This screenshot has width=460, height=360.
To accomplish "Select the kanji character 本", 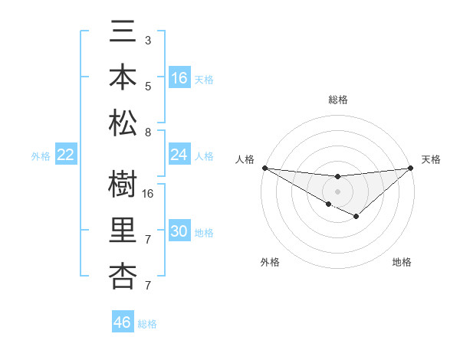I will coord(123,77).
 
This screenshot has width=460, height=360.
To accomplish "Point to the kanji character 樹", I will coord(123,185).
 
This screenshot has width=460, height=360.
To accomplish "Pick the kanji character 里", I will coord(123,231).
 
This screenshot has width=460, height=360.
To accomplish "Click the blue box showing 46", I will coord(123,322).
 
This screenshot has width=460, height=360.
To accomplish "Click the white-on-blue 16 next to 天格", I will coord(179,78).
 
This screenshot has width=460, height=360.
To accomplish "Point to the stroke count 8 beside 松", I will coord(148,133).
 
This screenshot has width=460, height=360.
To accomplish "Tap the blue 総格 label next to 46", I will coord(147,323).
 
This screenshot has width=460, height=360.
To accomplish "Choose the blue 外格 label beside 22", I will coord(41,156).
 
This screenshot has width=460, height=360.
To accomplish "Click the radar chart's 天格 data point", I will coord(412,168).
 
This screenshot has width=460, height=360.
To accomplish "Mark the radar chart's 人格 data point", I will coord(264,168).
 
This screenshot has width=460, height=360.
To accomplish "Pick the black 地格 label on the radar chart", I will coord(402,262).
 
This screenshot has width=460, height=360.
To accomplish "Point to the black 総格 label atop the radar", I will coord(338,100).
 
